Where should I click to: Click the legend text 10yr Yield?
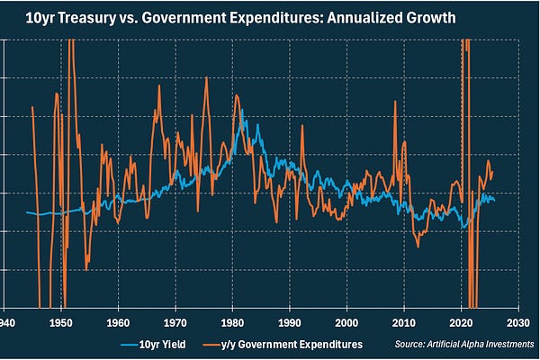pos(166,344)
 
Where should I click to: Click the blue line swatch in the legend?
pos(131,344)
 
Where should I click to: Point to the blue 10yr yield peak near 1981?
pos(242,111)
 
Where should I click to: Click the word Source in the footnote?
pos(409,344)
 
